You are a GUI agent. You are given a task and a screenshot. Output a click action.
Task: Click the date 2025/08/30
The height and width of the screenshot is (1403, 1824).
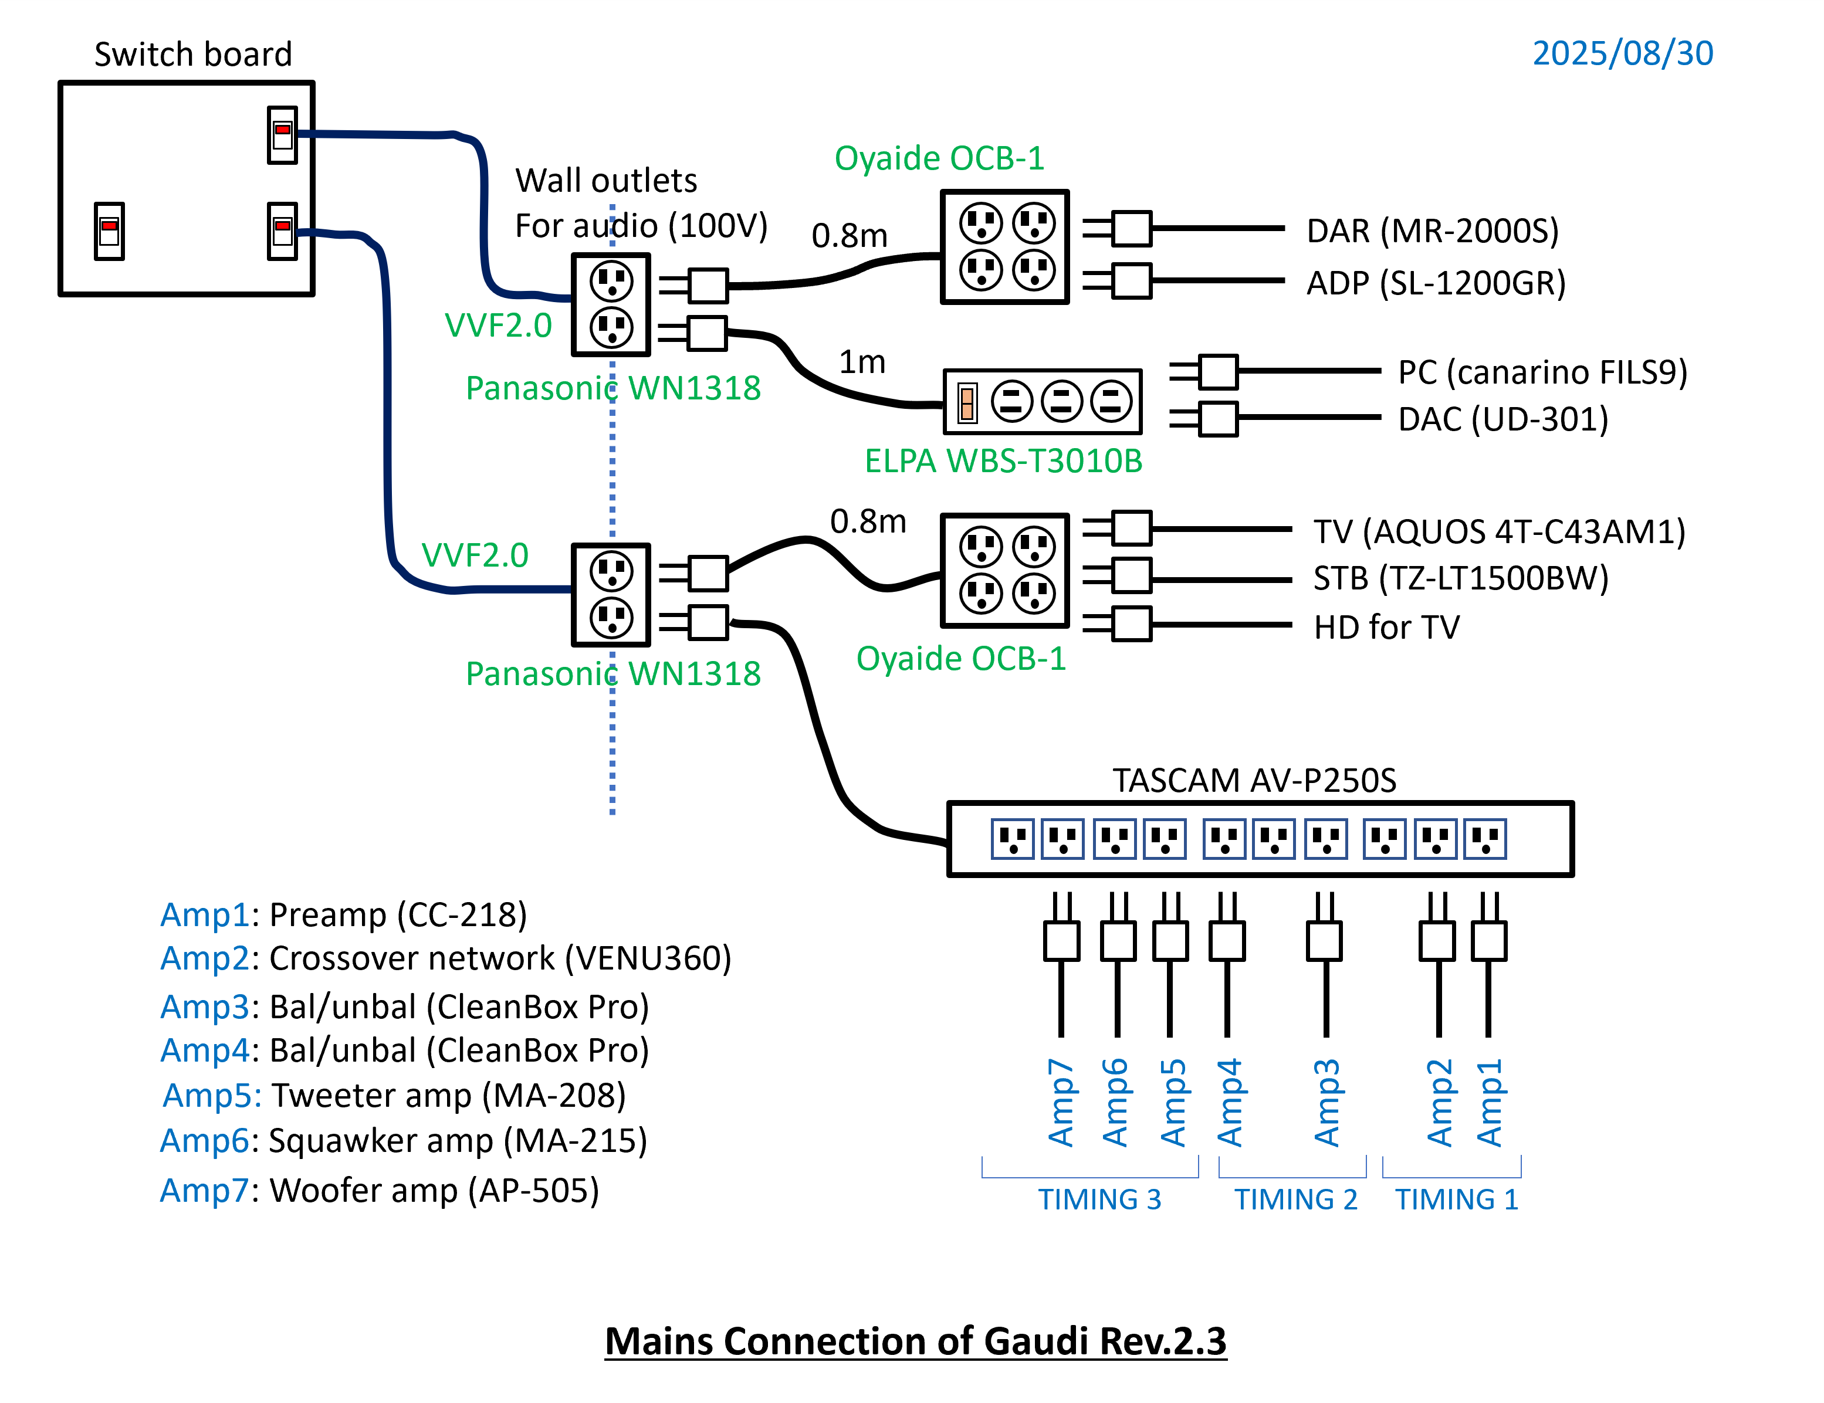pyautogui.click(x=1622, y=53)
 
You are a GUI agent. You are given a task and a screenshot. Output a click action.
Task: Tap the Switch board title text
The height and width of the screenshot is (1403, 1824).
pyautogui.click(x=193, y=55)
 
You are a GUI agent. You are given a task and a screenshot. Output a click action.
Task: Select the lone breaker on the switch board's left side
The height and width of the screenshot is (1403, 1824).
pyautogui.click(x=109, y=231)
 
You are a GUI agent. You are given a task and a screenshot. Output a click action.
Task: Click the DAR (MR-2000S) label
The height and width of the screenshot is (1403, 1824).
pyautogui.click(x=1432, y=231)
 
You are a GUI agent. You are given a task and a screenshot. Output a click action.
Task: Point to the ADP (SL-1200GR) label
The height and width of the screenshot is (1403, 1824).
pyautogui.click(x=1435, y=283)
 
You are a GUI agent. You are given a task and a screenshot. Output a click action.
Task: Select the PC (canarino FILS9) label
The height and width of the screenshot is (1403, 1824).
pyautogui.click(x=1542, y=372)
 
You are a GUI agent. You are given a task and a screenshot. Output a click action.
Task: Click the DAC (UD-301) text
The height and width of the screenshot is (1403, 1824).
pyautogui.click(x=1502, y=419)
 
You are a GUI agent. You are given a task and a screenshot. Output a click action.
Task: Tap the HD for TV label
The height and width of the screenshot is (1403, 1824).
pyautogui.click(x=1386, y=627)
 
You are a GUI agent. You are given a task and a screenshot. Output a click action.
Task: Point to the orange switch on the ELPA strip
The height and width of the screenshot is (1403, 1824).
pyautogui.click(x=967, y=404)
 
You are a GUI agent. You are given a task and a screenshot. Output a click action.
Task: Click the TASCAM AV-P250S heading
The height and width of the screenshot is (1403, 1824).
pyautogui.click(x=1254, y=780)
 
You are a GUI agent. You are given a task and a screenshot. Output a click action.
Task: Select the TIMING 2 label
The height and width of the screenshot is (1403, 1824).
pyautogui.click(x=1295, y=1199)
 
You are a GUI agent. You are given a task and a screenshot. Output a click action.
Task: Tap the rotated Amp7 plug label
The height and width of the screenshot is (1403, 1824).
pyautogui.click(x=1061, y=1102)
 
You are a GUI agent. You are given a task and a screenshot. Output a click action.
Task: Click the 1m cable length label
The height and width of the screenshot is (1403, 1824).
pyautogui.click(x=862, y=362)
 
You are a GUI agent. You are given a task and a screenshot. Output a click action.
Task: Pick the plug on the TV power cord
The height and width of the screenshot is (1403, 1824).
pyautogui.click(x=1132, y=528)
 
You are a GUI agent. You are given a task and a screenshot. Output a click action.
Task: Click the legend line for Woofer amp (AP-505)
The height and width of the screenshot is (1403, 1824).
pyautogui.click(x=380, y=1190)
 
